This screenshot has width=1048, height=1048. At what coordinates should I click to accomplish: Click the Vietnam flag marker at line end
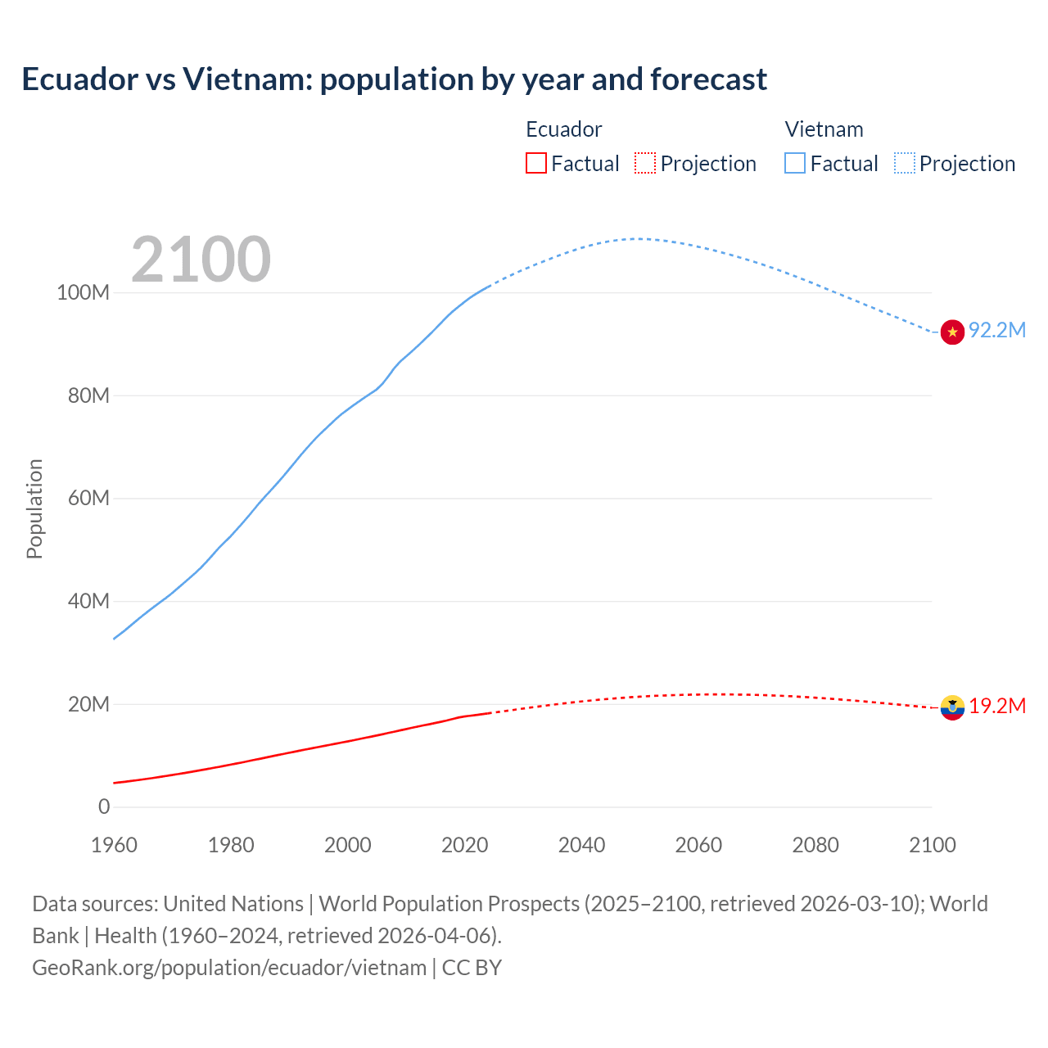(952, 332)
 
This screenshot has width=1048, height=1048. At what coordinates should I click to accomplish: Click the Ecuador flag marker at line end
(952, 707)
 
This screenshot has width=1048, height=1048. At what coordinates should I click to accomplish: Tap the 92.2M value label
(997, 330)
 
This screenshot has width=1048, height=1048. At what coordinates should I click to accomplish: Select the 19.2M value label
(997, 706)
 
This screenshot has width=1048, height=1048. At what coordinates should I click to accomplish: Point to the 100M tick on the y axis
(83, 293)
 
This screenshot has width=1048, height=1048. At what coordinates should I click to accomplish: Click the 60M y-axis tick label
(88, 499)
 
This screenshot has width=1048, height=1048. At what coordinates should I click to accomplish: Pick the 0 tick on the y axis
(104, 807)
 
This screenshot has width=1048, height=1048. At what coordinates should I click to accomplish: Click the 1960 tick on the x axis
(114, 845)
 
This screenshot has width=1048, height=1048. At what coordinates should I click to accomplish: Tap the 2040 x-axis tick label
(581, 845)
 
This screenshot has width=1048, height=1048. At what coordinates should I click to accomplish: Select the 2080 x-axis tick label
(815, 845)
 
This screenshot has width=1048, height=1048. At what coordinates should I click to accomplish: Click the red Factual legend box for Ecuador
(535, 164)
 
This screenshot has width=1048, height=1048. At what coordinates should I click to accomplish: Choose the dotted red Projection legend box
(645, 164)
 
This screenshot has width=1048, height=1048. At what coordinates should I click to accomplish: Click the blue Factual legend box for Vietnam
(795, 164)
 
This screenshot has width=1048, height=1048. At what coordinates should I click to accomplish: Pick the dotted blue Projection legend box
(905, 164)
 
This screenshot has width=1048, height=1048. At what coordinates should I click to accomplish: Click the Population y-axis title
(34, 508)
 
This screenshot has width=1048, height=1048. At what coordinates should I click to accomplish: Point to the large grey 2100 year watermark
(201, 260)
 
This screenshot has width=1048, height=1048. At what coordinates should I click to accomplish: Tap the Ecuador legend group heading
(563, 129)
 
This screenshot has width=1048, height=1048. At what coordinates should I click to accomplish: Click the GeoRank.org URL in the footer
(229, 968)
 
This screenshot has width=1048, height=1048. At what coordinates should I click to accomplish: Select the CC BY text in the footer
(472, 968)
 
